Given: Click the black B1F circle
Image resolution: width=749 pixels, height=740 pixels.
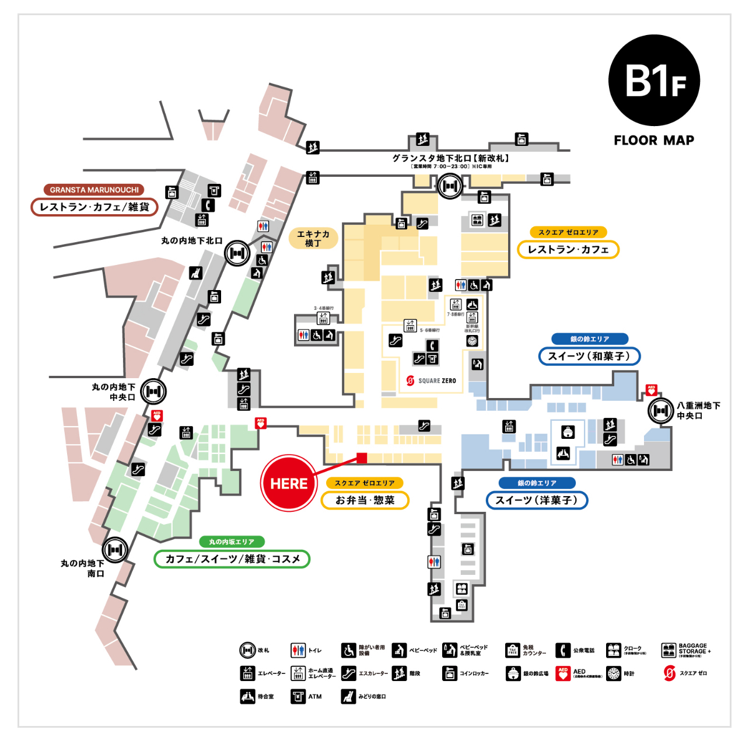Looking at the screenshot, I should [x=654, y=80].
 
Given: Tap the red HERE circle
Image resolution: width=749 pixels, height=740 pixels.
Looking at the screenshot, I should [x=289, y=483].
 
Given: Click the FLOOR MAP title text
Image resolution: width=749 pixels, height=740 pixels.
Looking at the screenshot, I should [x=654, y=141].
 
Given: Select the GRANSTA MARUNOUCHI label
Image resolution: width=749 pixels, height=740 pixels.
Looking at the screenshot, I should [x=94, y=190].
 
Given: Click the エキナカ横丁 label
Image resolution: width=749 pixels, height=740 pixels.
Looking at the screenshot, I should [x=313, y=238].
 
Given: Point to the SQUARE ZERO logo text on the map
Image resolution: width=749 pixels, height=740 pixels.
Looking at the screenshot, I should [x=437, y=381].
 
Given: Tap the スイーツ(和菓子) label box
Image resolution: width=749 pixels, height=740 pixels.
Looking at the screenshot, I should [x=589, y=356].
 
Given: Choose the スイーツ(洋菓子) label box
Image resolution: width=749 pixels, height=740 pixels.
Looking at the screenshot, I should [x=537, y=500].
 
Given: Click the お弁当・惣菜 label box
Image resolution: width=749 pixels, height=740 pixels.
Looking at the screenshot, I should [x=365, y=500].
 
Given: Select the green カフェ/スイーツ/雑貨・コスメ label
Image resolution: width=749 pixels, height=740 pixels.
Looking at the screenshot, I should [x=232, y=559].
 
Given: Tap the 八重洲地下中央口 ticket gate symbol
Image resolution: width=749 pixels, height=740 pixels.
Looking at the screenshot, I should [x=661, y=411].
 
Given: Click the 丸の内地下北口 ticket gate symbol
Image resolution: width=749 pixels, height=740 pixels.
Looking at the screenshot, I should [x=237, y=253].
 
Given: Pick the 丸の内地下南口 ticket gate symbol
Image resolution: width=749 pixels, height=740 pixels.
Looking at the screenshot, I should [x=115, y=550].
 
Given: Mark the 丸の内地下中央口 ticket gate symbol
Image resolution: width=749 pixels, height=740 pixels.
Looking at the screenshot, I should [x=153, y=392].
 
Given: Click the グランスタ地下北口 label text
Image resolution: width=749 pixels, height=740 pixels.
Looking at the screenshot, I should [x=450, y=158].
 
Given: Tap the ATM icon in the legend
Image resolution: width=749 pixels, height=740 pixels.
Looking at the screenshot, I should [x=298, y=696].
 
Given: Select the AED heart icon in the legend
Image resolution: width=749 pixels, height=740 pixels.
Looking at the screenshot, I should [x=562, y=673].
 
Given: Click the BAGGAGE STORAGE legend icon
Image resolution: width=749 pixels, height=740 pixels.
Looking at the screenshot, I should [x=668, y=650].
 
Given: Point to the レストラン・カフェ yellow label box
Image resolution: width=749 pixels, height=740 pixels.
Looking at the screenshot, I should [x=568, y=250].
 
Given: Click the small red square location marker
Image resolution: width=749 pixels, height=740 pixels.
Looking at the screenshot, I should [x=362, y=458].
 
